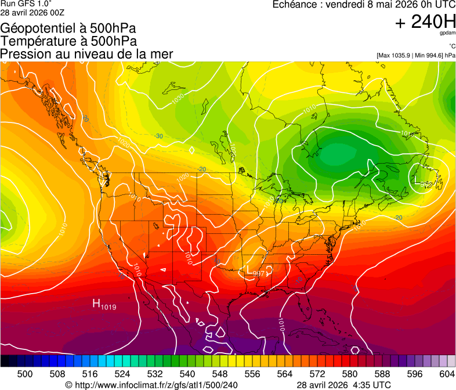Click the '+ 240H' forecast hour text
[425, 22]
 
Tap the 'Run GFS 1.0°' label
[22, 3]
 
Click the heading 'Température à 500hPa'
[69, 41]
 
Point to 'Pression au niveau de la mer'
[86, 54]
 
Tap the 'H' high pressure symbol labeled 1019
[96, 303]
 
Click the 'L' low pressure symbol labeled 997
[250, 270]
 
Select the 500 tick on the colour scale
[25, 374]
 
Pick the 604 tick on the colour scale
[447, 374]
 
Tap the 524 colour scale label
[122, 374]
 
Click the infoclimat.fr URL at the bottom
[156, 385]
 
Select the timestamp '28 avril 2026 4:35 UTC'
[343, 385]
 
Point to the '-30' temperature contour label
[158, 136]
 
